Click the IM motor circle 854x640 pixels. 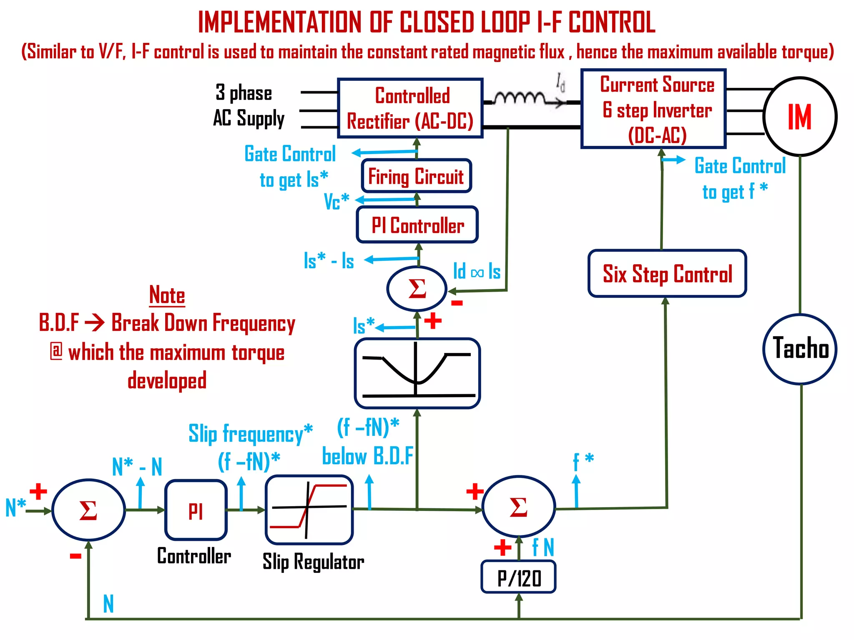coord(800,117)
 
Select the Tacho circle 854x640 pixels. coord(800,349)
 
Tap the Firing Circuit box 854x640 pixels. coord(416,176)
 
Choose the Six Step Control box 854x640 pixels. coord(667,274)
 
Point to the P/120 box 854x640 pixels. coord(519,577)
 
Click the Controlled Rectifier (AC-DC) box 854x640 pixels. coord(410,108)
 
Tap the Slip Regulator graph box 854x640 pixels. coord(309,510)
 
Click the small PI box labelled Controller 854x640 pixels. coord(196,510)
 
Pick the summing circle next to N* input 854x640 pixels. coord(88,510)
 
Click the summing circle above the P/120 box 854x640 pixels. coord(518,507)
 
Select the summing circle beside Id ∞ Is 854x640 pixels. coord(417,288)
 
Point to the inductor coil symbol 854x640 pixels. coord(520,99)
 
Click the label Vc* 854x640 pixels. coord(337,201)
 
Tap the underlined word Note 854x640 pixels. coord(167,295)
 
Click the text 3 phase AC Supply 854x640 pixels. coord(249,105)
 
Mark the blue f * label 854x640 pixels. coord(583,461)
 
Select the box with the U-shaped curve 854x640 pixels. coord(417,373)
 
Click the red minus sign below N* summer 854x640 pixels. coord(75,556)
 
